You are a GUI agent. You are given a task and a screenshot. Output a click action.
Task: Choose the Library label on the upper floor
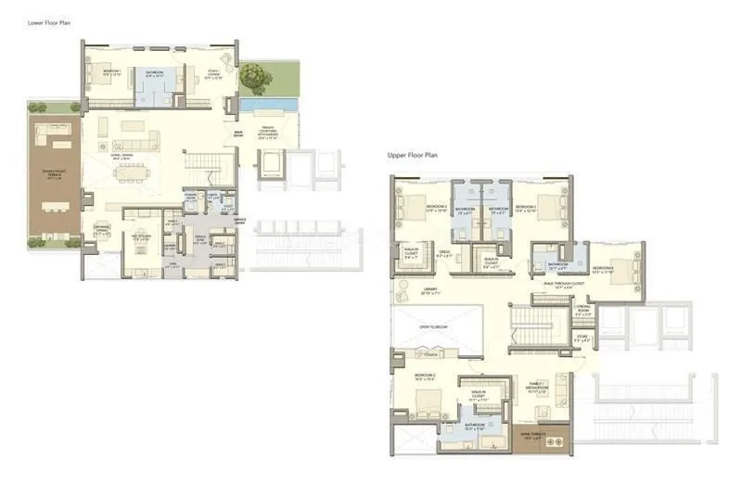429,291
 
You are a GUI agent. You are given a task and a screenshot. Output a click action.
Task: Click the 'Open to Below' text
432,327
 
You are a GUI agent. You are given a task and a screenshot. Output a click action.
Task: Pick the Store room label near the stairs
582,339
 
